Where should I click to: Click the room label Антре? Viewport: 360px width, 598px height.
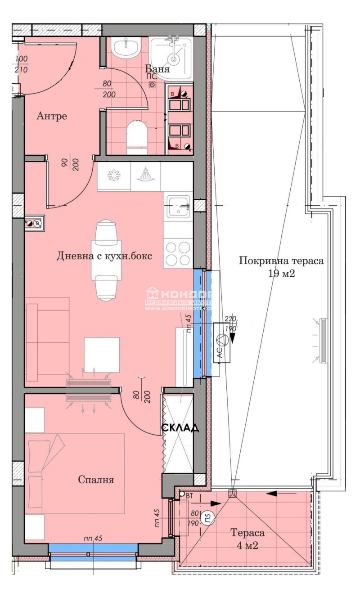coord(51,117)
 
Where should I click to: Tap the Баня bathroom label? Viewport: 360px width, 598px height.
coord(157,69)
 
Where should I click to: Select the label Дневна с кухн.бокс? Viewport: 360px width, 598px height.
coord(104,256)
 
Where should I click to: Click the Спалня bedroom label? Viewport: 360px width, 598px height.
coord(96,480)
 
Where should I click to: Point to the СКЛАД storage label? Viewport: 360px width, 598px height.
coord(180,428)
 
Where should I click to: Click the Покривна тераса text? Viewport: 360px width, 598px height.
coord(281,261)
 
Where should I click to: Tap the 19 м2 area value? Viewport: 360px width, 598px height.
coord(281,274)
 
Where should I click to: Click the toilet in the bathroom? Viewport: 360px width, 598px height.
coord(137,134)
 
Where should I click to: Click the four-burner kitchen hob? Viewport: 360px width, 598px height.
coord(178,254)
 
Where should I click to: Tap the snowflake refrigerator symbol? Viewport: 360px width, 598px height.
coord(113,176)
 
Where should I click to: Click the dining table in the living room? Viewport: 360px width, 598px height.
coord(105,260)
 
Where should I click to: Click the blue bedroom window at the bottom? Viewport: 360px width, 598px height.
coord(93,548)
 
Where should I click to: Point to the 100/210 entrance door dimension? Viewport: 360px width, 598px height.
coord(21,65)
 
